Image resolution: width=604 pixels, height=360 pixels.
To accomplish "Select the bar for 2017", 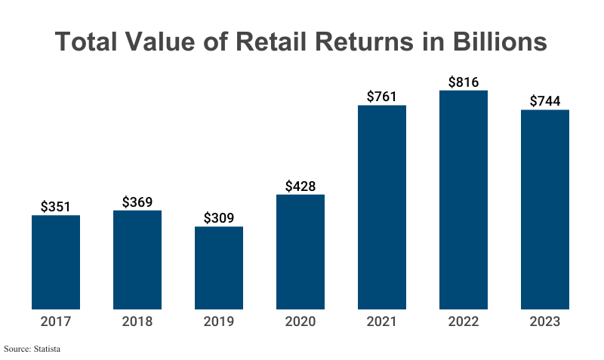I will point(56,262).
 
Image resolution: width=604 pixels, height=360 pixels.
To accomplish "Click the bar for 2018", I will point(137,260).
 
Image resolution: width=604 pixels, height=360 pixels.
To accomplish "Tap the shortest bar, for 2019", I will point(219,268).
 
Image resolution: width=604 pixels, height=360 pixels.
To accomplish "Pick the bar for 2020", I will point(300,252).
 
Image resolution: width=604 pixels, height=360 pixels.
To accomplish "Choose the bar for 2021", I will point(382,207).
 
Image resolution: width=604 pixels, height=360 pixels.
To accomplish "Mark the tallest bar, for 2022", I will point(464,200).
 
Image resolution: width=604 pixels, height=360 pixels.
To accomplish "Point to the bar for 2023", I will point(545,209).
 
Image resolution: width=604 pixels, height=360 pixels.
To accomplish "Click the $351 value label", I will point(56,206).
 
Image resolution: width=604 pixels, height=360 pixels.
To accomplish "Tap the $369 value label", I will point(137,202).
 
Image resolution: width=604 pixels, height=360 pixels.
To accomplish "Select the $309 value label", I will point(219,218).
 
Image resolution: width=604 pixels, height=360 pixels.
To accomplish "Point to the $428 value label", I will point(300,186).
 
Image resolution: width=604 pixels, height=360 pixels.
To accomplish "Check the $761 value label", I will point(382,96).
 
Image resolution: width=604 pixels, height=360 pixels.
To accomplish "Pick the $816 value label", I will point(464,82).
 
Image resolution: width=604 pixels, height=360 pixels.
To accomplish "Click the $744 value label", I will point(545,100).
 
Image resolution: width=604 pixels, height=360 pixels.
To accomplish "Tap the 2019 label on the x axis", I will point(219,322).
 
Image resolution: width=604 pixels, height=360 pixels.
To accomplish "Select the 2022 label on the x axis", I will point(464,322).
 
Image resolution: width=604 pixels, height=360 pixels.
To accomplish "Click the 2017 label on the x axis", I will point(56,322).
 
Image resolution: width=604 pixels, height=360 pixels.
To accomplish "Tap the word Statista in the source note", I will point(45,349).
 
